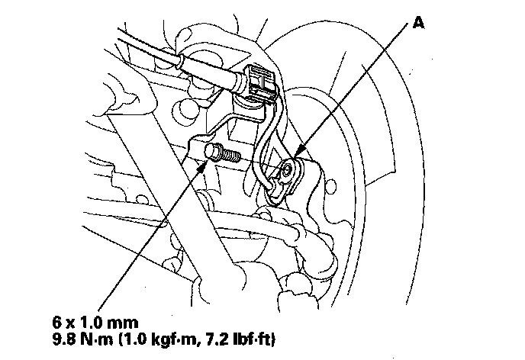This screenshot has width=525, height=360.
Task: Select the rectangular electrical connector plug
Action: coord(256,82)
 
